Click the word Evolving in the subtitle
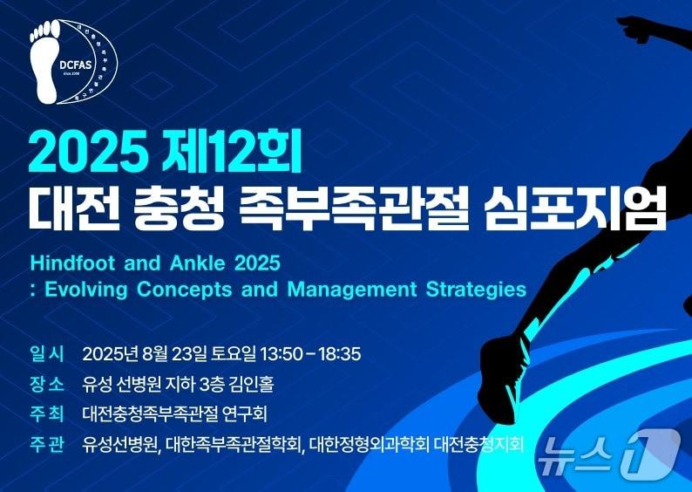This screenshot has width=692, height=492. click(83, 289)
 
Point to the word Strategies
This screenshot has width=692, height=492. click(477, 289)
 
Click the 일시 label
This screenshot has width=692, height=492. click(47, 354)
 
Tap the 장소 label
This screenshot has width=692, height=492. click(47, 384)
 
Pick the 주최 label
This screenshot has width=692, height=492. click(47, 413)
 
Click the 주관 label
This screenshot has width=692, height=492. click(47, 444)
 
